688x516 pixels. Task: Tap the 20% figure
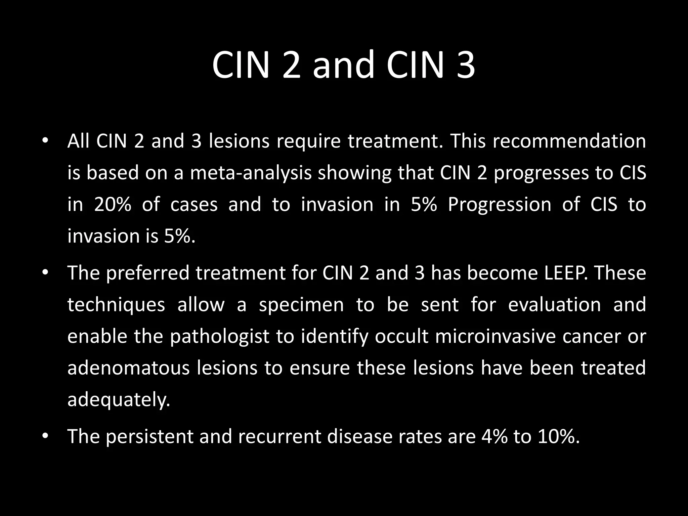click(112, 205)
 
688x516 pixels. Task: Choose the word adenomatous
click(128, 368)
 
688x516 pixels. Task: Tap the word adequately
click(119, 400)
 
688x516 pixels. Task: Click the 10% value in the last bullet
click(558, 436)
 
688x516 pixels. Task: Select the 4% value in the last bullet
click(494, 436)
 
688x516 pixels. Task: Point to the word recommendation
click(569, 141)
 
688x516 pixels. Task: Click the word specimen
click(301, 305)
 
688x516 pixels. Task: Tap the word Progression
click(500, 205)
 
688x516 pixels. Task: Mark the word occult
click(401, 336)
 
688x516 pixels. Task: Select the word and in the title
click(343, 65)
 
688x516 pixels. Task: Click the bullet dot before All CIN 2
click(45, 141)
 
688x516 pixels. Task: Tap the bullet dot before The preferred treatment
click(45, 272)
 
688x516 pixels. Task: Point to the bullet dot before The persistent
click(45, 436)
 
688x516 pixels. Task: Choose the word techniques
click(116, 305)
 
